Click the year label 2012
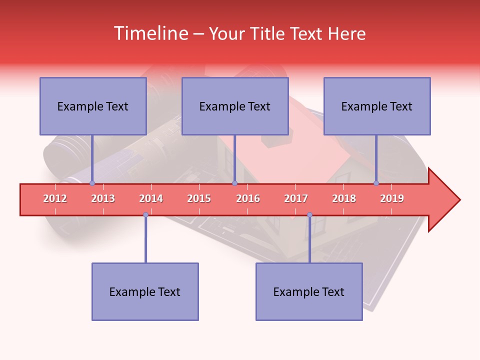55,198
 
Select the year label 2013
103,198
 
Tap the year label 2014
151,198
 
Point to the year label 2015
199,198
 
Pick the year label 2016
248,198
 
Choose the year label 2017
296,198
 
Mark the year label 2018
344,198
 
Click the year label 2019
392,198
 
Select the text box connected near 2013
93,106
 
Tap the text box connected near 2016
235,106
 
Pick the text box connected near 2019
377,106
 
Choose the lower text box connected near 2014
145,291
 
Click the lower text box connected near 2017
309,291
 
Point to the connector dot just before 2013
92,183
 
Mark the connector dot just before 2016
234,183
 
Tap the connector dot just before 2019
376,183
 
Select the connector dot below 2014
145,215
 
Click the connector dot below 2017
309,215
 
